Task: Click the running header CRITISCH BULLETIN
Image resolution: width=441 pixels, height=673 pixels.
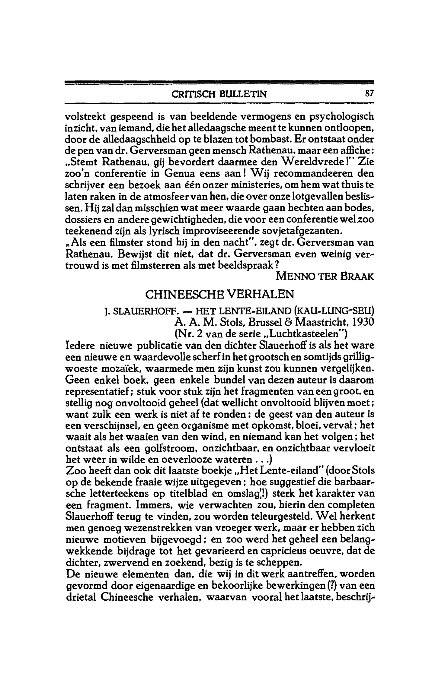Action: (x=219, y=94)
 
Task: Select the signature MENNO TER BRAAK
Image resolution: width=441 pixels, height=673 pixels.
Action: (x=325, y=276)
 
